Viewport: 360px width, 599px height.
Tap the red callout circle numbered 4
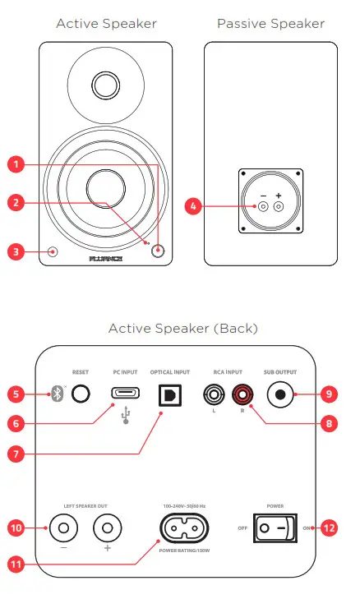194,207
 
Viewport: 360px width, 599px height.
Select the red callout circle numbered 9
327,394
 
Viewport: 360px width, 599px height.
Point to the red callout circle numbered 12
327,528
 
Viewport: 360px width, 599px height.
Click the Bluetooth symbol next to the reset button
57,394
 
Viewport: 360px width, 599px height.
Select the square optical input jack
169,394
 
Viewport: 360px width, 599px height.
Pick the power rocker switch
273,528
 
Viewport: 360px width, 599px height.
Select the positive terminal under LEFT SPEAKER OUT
106,526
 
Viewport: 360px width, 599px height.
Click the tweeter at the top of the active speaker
105,84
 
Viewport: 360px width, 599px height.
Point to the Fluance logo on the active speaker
105,258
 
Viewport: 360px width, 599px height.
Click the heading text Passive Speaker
270,24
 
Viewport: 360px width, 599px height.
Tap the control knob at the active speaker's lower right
157,252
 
